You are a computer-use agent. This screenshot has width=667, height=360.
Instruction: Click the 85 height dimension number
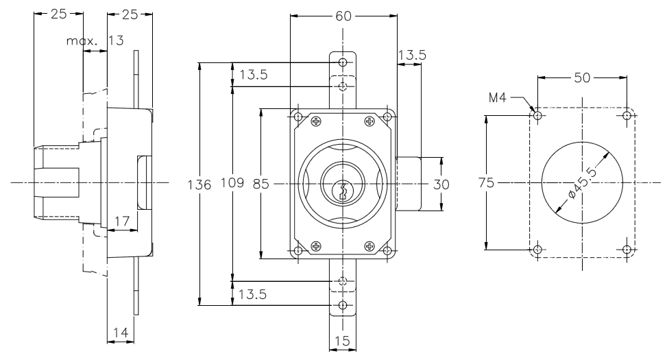click(x=261, y=184)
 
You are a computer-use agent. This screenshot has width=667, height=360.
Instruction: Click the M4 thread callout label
click(x=498, y=98)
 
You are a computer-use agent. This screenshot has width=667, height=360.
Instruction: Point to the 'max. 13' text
click(x=95, y=41)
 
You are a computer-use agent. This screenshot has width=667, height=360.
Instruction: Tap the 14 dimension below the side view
click(x=120, y=333)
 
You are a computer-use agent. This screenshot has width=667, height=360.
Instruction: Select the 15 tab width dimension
click(x=343, y=341)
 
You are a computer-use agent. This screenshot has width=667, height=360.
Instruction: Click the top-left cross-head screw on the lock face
click(x=316, y=122)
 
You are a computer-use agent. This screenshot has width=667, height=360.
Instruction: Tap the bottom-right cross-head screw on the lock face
click(x=370, y=246)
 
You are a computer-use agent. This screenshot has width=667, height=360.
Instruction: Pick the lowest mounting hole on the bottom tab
click(x=343, y=305)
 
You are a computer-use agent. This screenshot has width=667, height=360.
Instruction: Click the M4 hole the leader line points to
click(x=538, y=116)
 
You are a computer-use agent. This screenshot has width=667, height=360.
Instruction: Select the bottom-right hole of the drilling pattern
click(x=627, y=249)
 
